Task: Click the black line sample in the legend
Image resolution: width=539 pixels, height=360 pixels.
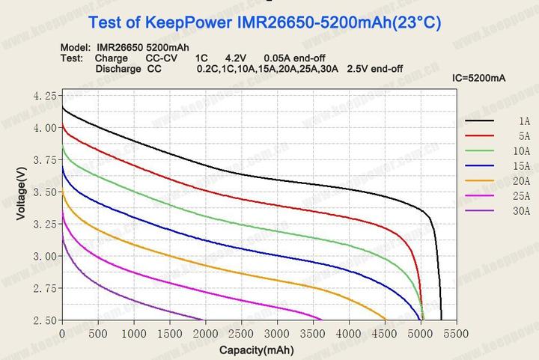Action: click(x=480, y=120)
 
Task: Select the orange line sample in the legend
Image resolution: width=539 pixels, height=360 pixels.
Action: click(x=480, y=181)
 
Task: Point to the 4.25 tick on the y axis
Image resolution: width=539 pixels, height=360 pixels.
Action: click(x=46, y=96)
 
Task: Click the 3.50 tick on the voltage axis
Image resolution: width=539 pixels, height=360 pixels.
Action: click(x=46, y=192)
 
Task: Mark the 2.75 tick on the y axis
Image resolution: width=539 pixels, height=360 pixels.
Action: click(x=46, y=288)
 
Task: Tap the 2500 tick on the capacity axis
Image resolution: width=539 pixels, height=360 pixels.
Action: click(x=241, y=333)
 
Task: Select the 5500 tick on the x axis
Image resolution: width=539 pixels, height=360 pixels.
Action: click(x=456, y=333)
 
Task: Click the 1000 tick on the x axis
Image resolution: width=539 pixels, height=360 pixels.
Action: click(x=133, y=333)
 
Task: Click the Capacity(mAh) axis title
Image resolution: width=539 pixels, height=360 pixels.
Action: click(x=256, y=350)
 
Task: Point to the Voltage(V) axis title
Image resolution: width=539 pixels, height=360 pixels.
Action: click(x=21, y=193)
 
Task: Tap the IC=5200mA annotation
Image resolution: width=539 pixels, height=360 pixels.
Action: click(x=479, y=78)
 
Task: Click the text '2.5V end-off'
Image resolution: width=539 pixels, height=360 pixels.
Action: click(x=375, y=69)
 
